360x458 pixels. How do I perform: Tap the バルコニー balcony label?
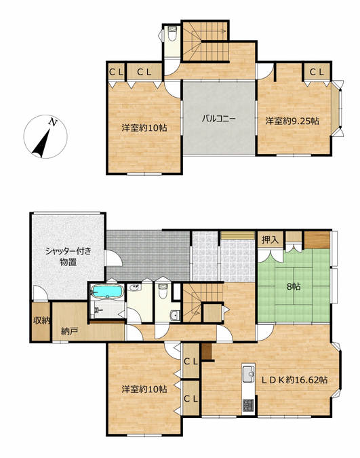point(218,119)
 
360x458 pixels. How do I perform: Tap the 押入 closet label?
point(270,240)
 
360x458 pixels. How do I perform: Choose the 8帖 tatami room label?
point(294,286)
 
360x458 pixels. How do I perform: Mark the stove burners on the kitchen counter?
point(247,406)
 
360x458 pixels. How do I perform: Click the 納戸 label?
point(68,331)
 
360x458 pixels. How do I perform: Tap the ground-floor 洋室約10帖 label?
point(144,389)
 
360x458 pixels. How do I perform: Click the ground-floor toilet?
point(161,292)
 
